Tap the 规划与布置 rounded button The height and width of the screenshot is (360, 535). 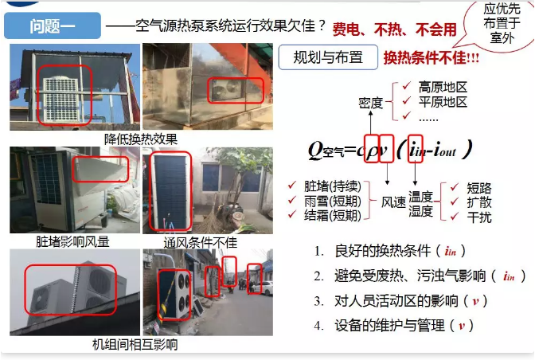coord(327,57)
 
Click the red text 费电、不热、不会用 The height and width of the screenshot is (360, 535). coord(395,29)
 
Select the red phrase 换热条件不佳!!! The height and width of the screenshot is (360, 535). coord(432,58)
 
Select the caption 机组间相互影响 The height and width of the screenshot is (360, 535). coord(135,345)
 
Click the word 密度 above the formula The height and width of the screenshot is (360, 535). coord(371,103)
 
